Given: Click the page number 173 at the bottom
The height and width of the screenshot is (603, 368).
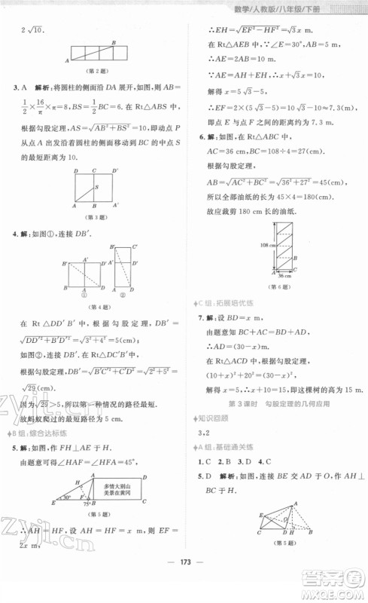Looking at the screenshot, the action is (x=183, y=583).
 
